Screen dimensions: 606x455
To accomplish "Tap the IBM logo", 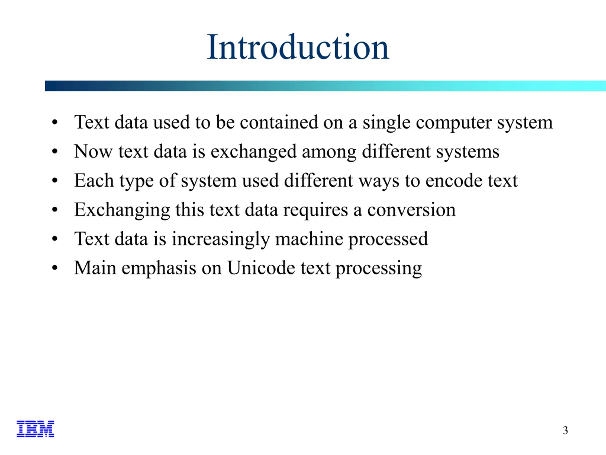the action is pyautogui.click(x=35, y=429).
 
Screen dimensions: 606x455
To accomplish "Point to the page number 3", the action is pyautogui.click(x=565, y=430).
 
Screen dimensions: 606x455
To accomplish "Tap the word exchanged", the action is pyautogui.click(x=254, y=152).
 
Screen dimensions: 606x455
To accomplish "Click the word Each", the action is pyautogui.click(x=94, y=181).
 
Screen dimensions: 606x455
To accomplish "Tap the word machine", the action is pyautogui.click(x=309, y=239).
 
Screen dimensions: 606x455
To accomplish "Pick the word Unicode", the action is pyautogui.click(x=261, y=268).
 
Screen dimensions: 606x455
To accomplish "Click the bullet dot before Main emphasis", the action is pyautogui.click(x=55, y=268).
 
